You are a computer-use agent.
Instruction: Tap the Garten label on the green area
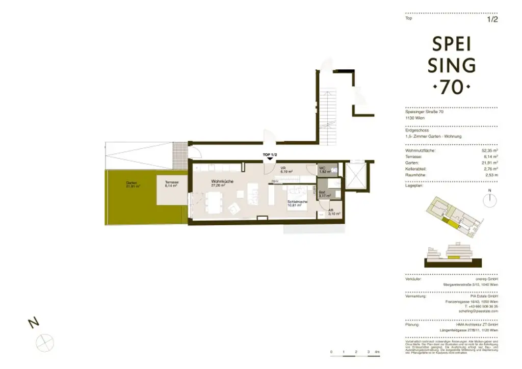(134, 184)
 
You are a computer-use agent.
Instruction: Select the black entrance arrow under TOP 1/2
(270, 160)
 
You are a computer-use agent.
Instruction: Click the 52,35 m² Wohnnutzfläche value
(490, 151)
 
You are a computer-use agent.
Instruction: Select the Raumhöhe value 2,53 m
(491, 175)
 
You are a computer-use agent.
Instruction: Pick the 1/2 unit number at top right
(492, 20)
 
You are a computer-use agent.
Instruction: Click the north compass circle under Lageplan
(490, 200)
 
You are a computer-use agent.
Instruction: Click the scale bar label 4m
(377, 352)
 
